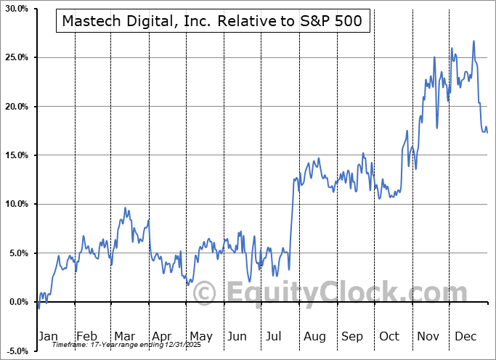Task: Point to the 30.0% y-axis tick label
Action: tap(15, 9)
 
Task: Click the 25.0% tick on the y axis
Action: tap(15, 57)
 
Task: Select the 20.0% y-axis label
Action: tap(15, 107)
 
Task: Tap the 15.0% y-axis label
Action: tap(15, 155)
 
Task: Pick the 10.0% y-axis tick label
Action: tap(15, 204)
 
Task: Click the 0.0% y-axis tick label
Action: tap(17, 302)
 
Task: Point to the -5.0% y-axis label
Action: tap(15, 351)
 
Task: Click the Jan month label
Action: tap(47, 337)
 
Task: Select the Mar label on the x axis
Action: tap(123, 337)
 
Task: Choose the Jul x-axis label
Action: tap(275, 337)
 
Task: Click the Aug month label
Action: tap(314, 337)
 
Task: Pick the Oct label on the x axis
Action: tap(389, 337)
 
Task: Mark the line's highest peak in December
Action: tap(473, 41)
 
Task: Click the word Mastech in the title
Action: tap(91, 22)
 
